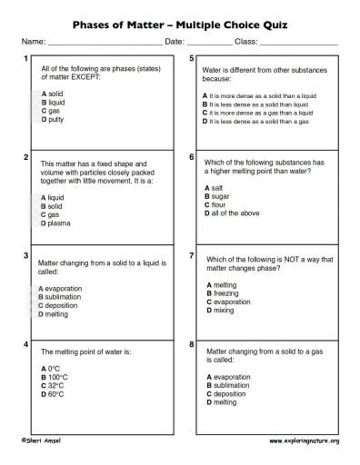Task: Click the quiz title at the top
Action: (x=180, y=25)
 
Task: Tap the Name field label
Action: (x=33, y=43)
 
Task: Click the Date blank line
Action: (x=210, y=44)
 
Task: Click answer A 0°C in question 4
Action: (x=51, y=369)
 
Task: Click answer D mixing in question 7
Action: (x=221, y=311)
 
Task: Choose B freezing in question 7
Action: (x=224, y=293)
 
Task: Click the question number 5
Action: (x=191, y=59)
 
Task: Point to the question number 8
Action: (x=191, y=345)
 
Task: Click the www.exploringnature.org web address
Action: (x=304, y=440)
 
